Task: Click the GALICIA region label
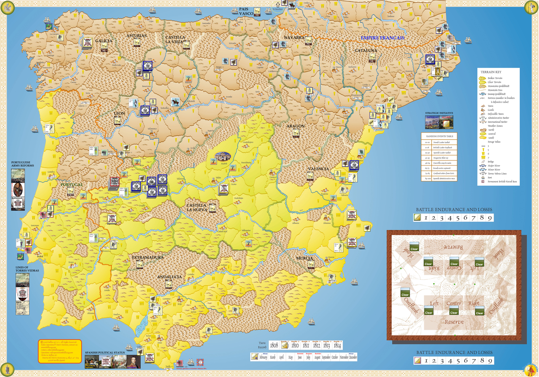[103, 41]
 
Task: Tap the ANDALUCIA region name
[169, 277]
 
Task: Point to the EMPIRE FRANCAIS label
[382, 38]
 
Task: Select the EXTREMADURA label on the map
[148, 257]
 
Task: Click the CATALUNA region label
[366, 51]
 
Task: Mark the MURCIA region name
[305, 258]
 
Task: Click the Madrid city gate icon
[223, 157]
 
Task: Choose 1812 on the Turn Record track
[316, 345]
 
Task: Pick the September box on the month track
[326, 357]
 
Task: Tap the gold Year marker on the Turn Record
[285, 345]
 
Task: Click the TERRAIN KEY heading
[491, 72]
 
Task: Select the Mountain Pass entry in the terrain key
[495, 90]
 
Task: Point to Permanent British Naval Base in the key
[502, 182]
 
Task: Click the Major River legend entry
[494, 166]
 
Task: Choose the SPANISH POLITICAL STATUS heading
[105, 353]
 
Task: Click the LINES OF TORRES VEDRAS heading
[27, 269]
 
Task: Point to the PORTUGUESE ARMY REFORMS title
[23, 164]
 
